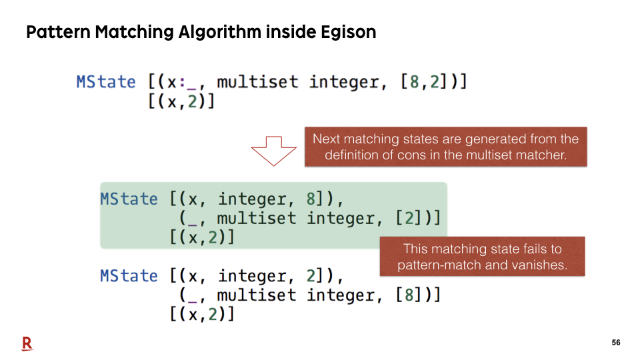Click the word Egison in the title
click(348, 32)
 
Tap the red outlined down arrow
click(273, 151)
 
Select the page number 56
click(616, 343)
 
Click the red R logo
click(27, 344)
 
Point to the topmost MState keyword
click(106, 82)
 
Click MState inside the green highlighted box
click(129, 199)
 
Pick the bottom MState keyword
click(129, 276)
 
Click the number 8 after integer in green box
click(311, 199)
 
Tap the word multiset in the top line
click(257, 82)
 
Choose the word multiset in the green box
click(257, 219)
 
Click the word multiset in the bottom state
click(257, 295)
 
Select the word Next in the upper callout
click(327, 139)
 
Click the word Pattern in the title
click(59, 32)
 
